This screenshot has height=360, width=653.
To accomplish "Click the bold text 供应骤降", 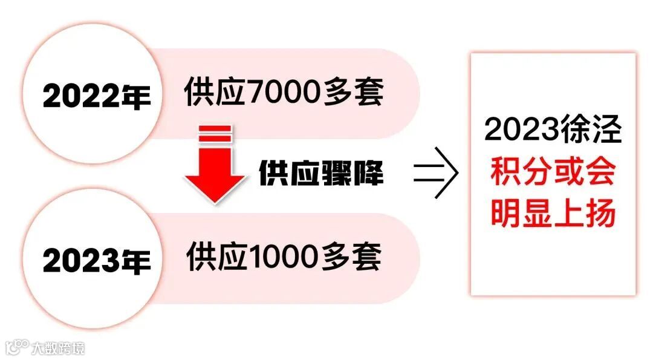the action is point(321,174).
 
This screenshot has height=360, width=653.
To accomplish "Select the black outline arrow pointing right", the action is point(436,174).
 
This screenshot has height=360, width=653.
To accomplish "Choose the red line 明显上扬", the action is point(553,214).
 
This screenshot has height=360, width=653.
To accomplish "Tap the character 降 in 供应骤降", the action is point(368,174).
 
